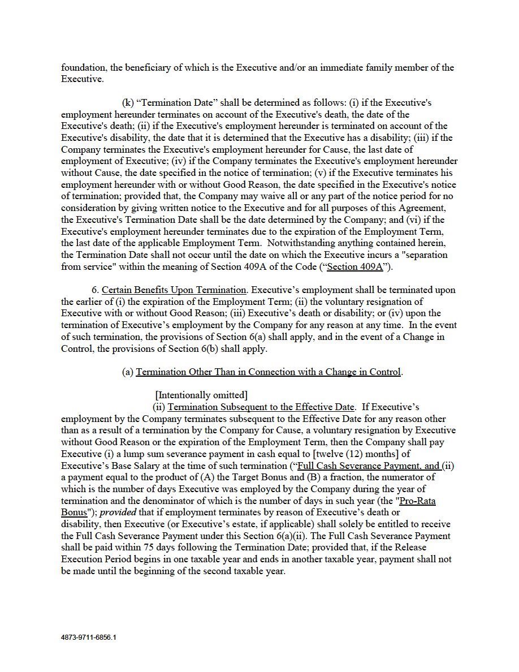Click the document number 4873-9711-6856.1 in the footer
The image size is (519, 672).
pos(88,636)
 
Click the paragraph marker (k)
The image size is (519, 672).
pos(128,103)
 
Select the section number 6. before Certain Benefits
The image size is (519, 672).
pos(96,290)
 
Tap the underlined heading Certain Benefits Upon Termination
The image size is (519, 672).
pos(174,290)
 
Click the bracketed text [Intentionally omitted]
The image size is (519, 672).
pos(201,395)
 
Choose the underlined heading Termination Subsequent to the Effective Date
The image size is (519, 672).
pos(261,407)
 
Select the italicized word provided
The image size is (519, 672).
pos(118,512)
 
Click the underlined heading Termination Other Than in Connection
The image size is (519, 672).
pos(268,372)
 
